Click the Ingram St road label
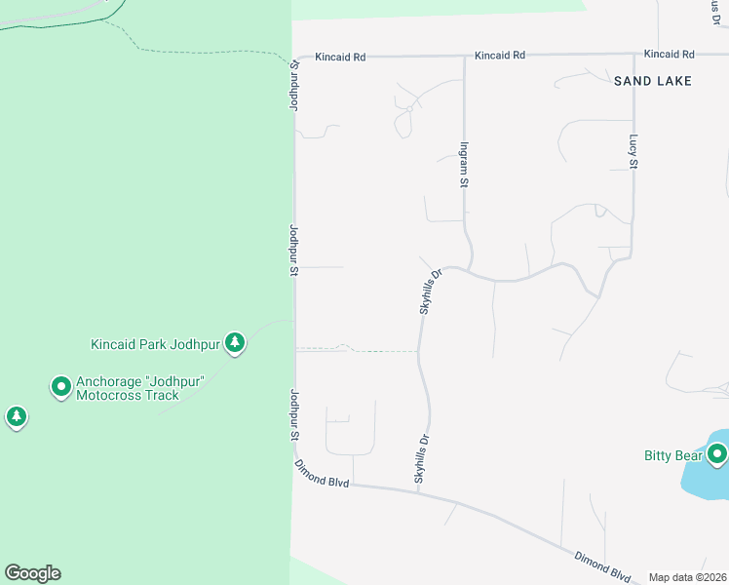click(x=464, y=163)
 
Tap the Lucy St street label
click(x=633, y=151)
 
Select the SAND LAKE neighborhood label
click(x=652, y=81)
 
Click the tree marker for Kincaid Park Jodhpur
click(x=234, y=342)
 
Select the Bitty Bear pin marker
click(x=718, y=453)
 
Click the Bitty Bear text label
click(x=672, y=455)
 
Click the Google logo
click(x=32, y=573)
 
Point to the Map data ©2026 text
click(x=687, y=577)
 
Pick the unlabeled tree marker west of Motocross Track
click(x=16, y=417)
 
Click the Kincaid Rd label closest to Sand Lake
click(x=670, y=54)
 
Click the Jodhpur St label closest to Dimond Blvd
click(x=292, y=417)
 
